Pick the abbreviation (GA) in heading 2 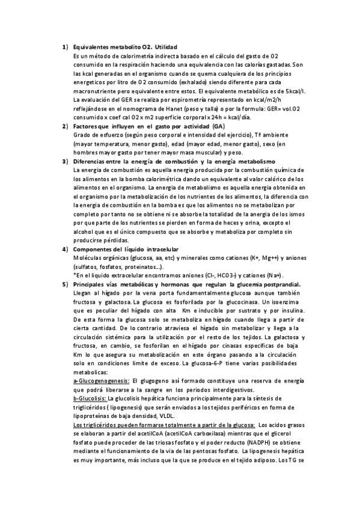(219, 127)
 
